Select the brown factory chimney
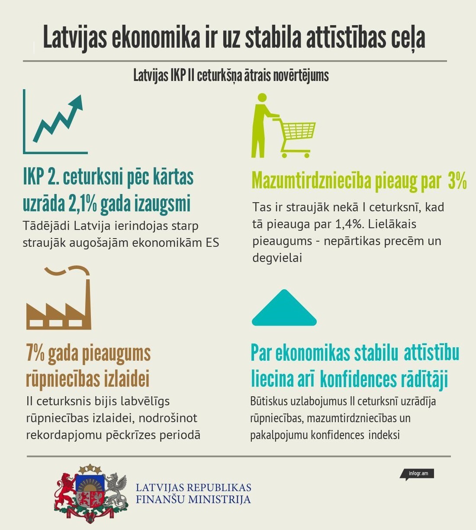86,299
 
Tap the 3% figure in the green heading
457,181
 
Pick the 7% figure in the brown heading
35,354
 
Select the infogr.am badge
418,473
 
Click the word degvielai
277,258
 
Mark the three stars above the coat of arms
90,469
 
